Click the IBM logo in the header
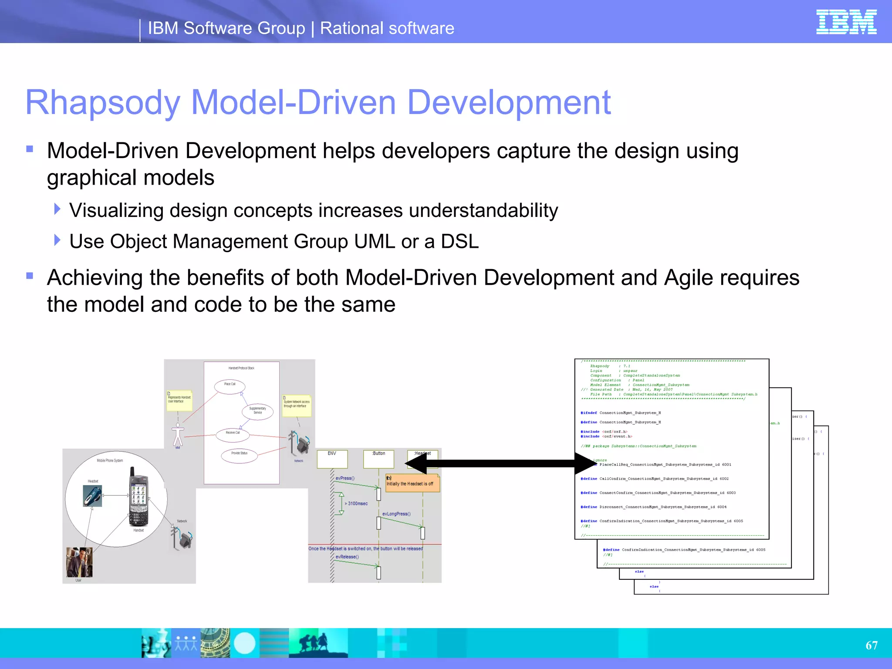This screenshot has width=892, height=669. (x=846, y=22)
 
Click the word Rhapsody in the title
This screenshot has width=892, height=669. (x=103, y=103)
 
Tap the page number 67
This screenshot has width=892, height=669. (x=871, y=645)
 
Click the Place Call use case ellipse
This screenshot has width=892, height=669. (x=230, y=386)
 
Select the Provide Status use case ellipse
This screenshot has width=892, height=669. (x=239, y=455)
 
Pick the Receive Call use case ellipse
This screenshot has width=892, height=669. (x=233, y=435)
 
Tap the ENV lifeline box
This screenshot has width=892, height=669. (x=332, y=459)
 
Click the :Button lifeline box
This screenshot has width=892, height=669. (x=378, y=459)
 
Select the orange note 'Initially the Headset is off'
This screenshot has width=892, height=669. (x=412, y=483)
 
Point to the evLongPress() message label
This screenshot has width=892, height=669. (x=396, y=514)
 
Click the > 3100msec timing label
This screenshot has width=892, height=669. (x=357, y=503)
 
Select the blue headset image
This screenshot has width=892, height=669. (x=92, y=496)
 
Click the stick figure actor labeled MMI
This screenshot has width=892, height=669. (x=178, y=435)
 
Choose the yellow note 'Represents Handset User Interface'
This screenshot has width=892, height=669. (x=179, y=400)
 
